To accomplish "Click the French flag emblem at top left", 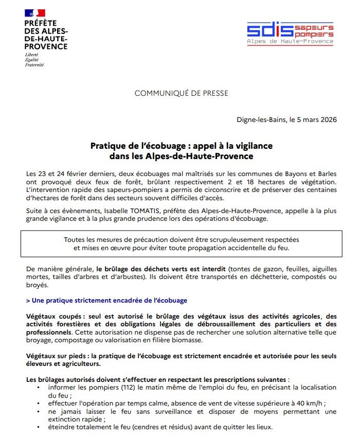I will coord(35,13).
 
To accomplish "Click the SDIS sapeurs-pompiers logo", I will coord(290,33).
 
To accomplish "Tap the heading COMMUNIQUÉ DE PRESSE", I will coord(181,93).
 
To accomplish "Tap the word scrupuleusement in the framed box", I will coord(237,240).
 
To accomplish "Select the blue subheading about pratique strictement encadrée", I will coord(106,300).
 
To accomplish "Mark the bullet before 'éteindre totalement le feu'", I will coord(40,428).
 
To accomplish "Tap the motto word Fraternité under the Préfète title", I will coord(34,65).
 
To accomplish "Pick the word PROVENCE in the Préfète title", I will coord(46,46).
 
